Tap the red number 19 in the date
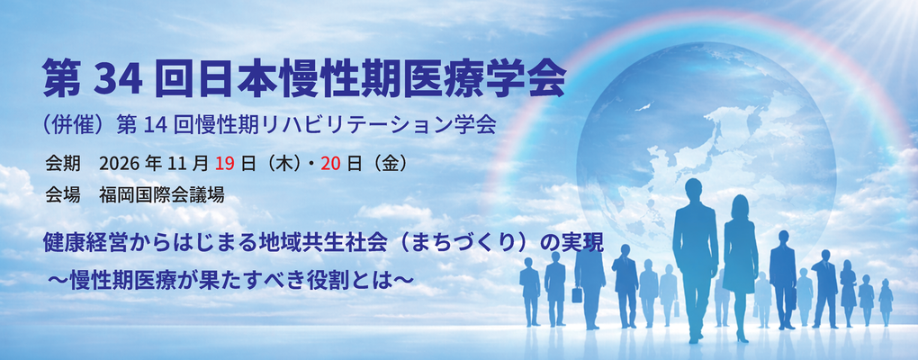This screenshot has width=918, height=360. click(225, 164)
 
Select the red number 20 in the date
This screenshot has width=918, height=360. click(335, 164)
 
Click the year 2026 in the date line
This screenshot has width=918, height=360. click(119, 164)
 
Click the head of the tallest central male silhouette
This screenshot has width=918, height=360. click(693, 192)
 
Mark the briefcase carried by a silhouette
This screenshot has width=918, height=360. click(576, 294)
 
